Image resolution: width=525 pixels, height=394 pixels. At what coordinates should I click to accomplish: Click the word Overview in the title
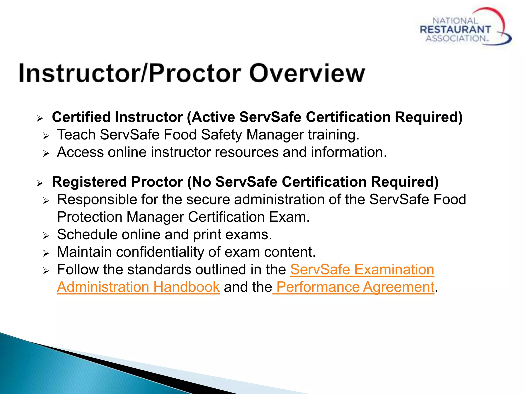tap(307, 73)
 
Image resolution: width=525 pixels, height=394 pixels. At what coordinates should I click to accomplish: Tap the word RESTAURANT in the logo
tap(455, 29)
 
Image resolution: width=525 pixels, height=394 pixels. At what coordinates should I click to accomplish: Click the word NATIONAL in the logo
tap(455, 21)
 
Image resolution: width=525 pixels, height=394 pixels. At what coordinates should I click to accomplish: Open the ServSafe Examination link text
tap(362, 269)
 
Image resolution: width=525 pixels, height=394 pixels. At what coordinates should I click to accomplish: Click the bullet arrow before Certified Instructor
tap(39, 119)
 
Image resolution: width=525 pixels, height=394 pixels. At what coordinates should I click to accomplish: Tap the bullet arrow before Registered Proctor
tap(39, 183)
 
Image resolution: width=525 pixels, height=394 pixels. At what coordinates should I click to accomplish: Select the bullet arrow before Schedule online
tap(46, 236)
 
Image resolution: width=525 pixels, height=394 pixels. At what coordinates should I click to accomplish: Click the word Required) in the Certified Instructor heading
tap(429, 117)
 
